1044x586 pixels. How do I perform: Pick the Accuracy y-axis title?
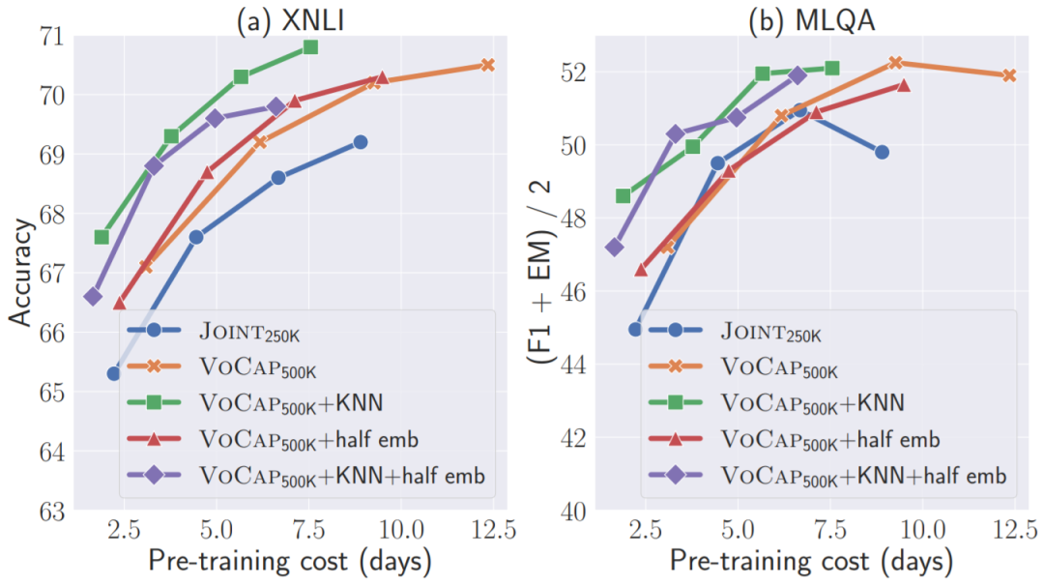coord(21,273)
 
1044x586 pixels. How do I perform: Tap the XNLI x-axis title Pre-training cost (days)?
coord(290,562)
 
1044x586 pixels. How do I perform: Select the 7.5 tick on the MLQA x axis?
coord(829,530)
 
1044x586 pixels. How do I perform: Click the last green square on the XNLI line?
coord(310,47)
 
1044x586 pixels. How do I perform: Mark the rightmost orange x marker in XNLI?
coord(487,65)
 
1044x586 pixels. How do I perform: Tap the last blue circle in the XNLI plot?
coord(360,142)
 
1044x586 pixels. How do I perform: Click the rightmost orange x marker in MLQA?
coord(1009,75)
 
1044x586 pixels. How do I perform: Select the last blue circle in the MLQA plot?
coord(882,152)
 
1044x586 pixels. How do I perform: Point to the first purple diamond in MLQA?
coord(615,247)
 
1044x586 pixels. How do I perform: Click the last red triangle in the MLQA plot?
coord(903,85)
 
